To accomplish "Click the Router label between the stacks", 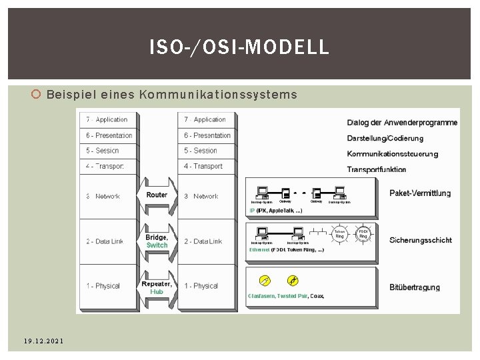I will (x=157, y=195).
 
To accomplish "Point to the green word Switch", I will (x=157, y=245).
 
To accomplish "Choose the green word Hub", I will (x=157, y=291).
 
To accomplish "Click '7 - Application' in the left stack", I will (x=107, y=120).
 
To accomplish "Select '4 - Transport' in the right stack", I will (x=203, y=166).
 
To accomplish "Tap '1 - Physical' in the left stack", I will (x=103, y=286).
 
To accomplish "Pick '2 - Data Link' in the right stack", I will (x=203, y=241).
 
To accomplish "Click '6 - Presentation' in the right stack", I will (x=207, y=135).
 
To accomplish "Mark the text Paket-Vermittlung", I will (x=420, y=193).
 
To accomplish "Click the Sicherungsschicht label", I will (x=420, y=240).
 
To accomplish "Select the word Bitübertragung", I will (x=415, y=287).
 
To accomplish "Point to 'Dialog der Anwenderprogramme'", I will (x=402, y=123).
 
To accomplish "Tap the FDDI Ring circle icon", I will (x=364, y=233).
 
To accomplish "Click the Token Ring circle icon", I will (x=339, y=234).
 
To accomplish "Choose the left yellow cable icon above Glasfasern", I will (x=264, y=280).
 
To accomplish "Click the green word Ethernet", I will (x=259, y=250).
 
